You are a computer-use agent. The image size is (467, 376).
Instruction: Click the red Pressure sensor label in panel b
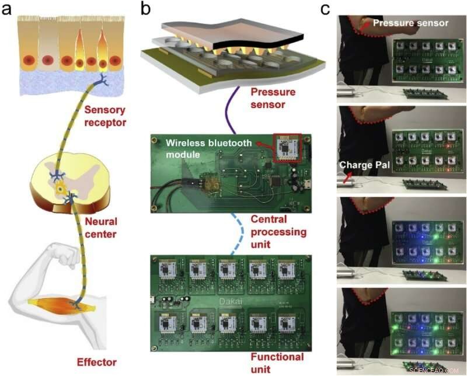273,98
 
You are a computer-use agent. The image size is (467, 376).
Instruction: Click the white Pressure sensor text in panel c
410,23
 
